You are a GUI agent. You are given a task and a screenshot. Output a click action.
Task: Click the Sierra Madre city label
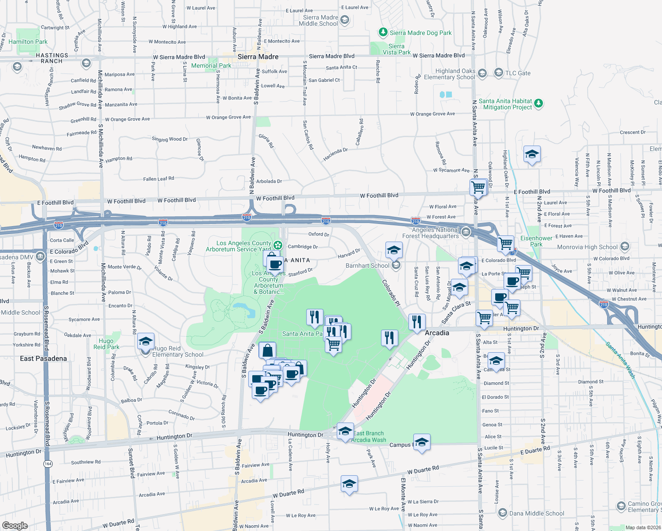[258, 57]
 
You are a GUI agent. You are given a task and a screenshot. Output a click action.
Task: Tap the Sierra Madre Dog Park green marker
[383, 32]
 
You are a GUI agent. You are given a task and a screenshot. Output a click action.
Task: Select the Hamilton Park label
[28, 42]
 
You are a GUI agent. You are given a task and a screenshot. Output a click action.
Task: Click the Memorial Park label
[211, 65]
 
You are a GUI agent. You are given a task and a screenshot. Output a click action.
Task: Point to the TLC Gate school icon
[498, 73]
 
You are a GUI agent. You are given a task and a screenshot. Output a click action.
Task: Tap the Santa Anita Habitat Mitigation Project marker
[539, 104]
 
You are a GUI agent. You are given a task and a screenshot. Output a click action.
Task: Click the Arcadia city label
[437, 333]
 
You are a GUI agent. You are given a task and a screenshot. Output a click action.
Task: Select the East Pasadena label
[43, 358]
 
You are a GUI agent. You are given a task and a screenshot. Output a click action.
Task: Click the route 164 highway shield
[48, 463]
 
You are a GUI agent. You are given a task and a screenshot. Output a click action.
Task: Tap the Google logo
[15, 525]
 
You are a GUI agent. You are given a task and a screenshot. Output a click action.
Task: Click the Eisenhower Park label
[536, 241]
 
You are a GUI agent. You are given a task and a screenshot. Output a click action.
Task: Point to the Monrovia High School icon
[624, 246]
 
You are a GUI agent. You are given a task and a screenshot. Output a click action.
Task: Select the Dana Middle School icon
[502, 513]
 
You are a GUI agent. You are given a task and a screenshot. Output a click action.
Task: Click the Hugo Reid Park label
[106, 344]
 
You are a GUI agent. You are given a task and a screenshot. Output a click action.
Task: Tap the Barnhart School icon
[396, 265]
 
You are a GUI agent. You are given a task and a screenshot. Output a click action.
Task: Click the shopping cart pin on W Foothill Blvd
[478, 187]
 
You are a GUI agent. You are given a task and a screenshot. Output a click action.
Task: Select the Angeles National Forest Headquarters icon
[466, 232]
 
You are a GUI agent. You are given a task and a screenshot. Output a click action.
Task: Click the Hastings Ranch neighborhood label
[52, 58]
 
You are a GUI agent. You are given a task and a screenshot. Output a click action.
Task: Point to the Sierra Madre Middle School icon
[345, 20]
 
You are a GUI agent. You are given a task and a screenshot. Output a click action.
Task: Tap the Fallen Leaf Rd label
[158, 179]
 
